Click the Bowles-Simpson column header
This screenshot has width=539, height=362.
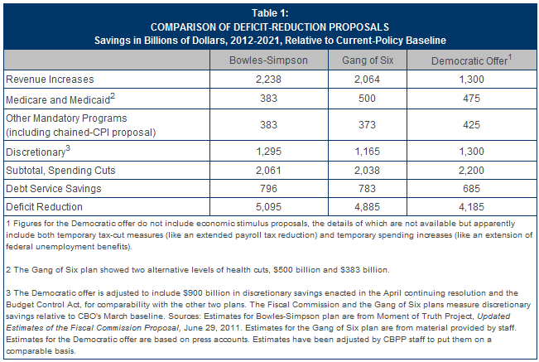pos(268,60)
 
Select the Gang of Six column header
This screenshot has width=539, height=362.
pos(368,60)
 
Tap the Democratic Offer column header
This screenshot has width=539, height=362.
pos(471,60)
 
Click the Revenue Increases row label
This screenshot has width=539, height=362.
pos(50,80)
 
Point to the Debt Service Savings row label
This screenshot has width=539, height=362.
pos(54,189)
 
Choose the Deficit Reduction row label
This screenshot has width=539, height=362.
pos(45,207)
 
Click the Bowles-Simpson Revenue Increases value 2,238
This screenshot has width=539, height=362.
pos(268,80)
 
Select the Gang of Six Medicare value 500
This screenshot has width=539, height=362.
pos(367,99)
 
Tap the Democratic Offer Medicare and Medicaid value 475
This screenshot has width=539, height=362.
pos(471,99)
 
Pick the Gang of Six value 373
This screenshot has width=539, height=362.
pos(367,125)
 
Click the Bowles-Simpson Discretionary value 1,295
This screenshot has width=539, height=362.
pos(269,152)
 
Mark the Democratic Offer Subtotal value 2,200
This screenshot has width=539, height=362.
pos(471,171)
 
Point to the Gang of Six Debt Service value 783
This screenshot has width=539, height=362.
pos(367,189)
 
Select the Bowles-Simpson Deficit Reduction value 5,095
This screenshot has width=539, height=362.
pos(268,207)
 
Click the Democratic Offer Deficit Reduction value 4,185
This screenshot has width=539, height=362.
pos(471,207)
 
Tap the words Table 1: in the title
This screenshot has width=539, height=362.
pos(270,13)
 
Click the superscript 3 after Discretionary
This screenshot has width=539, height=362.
pos(68,148)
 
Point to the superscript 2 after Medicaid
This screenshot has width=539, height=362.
pos(113,96)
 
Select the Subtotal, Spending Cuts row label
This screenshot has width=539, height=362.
pos(60,171)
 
